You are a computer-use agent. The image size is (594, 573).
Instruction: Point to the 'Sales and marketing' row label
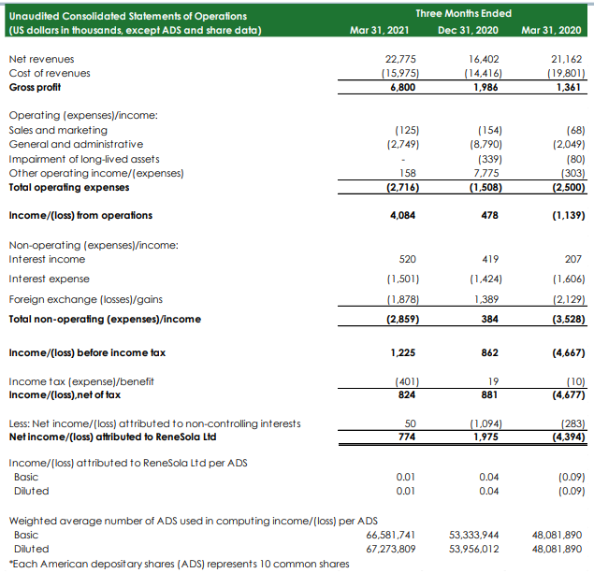coord(58,130)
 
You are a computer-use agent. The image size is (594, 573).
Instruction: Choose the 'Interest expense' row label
coord(50,279)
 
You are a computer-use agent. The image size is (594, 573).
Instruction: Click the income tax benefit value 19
coord(491,381)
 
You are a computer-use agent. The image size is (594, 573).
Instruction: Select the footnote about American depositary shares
coord(166,563)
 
